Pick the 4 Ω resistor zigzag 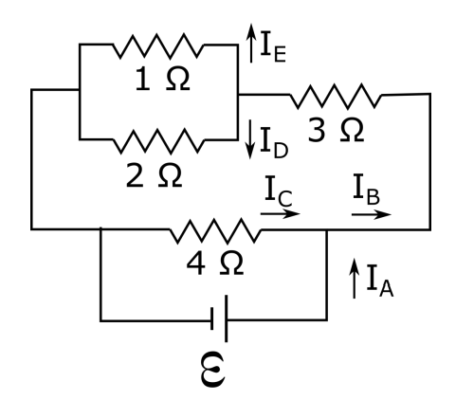point(214,228)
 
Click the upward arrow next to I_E point(249,41)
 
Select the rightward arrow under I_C point(281,213)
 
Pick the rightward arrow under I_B point(370,213)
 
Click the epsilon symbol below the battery point(220,372)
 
